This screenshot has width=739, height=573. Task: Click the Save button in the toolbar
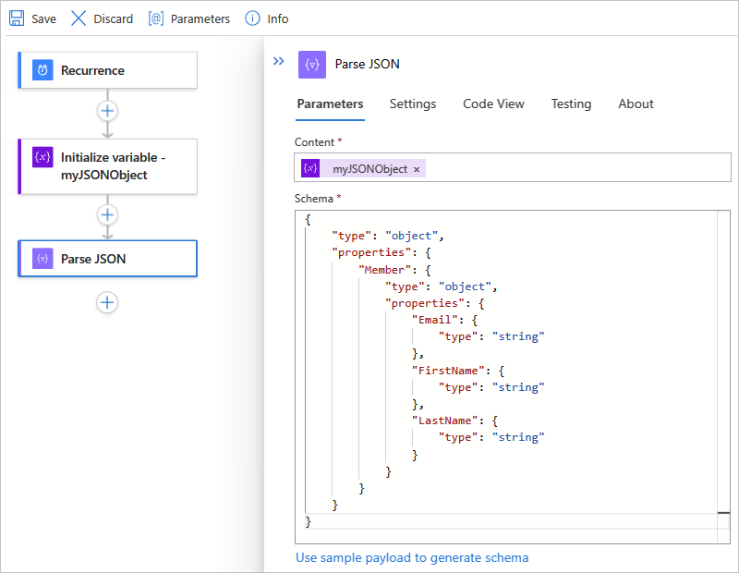32,18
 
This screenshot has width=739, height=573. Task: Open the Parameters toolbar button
189,18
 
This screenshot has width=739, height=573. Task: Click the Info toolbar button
267,18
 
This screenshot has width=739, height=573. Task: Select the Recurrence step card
107,70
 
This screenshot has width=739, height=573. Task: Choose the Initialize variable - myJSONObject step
107,166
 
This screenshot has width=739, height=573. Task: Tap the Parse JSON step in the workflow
107,259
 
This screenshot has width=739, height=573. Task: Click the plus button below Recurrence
108,110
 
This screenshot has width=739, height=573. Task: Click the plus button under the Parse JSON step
108,302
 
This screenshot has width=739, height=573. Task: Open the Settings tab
413,104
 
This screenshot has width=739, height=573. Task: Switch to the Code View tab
493,104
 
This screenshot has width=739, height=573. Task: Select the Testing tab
571,104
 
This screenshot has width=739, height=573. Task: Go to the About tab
636,104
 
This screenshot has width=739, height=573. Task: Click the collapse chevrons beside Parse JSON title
278,62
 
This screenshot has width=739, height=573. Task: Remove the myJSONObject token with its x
417,169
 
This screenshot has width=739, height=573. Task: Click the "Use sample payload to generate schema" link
412,557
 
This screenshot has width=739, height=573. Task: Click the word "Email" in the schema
436,320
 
